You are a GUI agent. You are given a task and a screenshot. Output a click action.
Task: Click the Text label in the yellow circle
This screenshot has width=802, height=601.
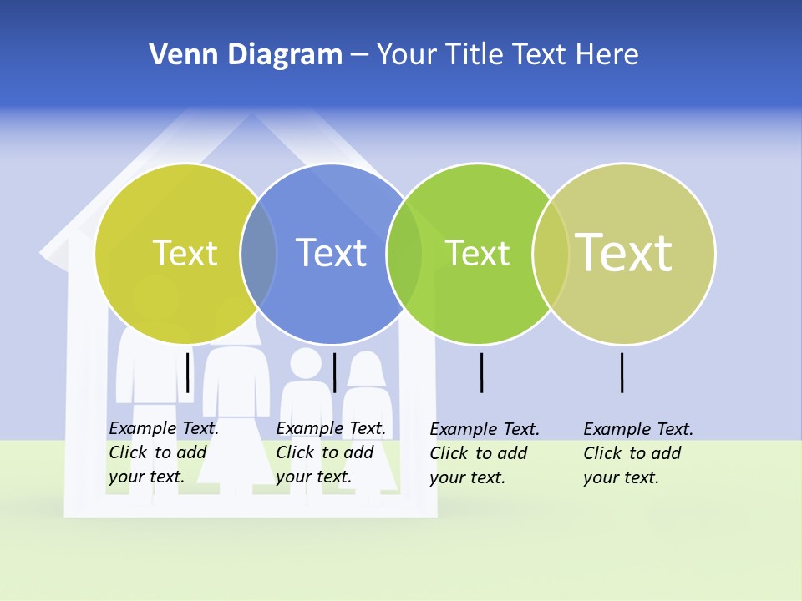(x=185, y=253)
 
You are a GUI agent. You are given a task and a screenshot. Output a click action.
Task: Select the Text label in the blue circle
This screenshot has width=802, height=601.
(x=331, y=253)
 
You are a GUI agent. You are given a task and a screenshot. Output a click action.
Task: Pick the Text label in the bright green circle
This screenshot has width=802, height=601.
(x=477, y=253)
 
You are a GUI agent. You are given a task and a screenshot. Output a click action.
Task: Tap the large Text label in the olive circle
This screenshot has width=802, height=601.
(x=623, y=252)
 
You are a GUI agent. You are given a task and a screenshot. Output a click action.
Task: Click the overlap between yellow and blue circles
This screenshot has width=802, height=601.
(x=258, y=254)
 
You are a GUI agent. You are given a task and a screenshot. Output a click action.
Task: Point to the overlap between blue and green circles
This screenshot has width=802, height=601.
(x=404, y=254)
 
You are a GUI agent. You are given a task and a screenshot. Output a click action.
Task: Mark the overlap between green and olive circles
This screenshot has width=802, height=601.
(x=551, y=254)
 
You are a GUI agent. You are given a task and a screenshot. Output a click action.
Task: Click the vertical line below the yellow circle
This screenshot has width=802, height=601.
(x=187, y=372)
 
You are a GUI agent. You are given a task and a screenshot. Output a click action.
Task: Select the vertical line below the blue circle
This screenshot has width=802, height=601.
(x=334, y=372)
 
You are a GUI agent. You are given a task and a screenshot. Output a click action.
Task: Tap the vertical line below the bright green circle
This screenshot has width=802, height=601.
(x=481, y=372)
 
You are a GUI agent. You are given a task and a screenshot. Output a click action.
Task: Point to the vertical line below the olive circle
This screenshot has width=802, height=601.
(x=622, y=372)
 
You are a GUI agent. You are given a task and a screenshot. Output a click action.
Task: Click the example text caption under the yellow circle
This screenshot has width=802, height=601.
(x=164, y=452)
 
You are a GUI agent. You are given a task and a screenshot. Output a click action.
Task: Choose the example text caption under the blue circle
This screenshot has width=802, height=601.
(x=331, y=452)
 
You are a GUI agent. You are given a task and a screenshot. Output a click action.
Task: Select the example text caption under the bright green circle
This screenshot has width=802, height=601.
(x=485, y=453)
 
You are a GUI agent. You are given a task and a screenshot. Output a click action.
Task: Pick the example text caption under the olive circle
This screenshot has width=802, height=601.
(x=638, y=453)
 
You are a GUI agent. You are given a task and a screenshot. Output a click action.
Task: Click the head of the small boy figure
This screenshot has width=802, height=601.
(x=306, y=364)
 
